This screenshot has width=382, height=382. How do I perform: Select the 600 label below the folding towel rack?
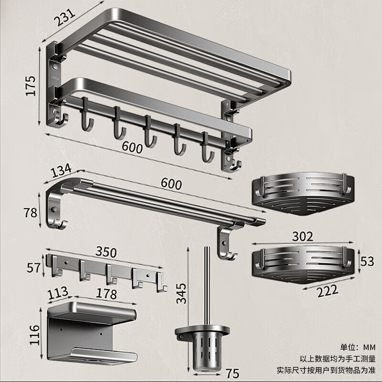(132, 148)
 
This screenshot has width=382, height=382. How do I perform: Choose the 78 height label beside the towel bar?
(31, 212)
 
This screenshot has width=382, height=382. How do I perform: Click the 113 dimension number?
(58, 292)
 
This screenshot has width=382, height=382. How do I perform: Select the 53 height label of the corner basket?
(367, 262)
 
